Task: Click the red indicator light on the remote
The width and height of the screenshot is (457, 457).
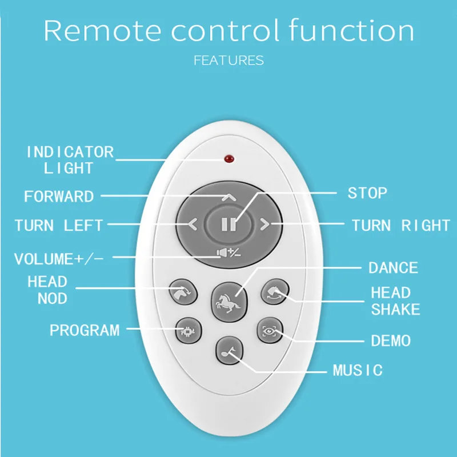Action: (229, 158)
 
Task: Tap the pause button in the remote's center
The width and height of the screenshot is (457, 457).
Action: (228, 224)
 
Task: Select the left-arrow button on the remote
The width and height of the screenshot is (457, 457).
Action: (193, 225)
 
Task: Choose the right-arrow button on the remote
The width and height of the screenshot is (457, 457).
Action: (264, 225)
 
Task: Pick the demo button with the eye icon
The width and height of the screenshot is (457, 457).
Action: (270, 330)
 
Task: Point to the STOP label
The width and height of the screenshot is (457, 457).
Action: (367, 193)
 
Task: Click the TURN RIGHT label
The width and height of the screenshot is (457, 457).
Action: (400, 225)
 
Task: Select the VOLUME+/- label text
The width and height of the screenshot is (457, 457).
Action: (59, 259)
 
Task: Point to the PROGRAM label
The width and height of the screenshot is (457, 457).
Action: (85, 330)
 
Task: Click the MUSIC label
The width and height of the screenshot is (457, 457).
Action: (358, 370)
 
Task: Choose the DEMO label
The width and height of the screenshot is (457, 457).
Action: (391, 341)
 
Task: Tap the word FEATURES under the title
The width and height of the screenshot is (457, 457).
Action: (228, 60)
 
